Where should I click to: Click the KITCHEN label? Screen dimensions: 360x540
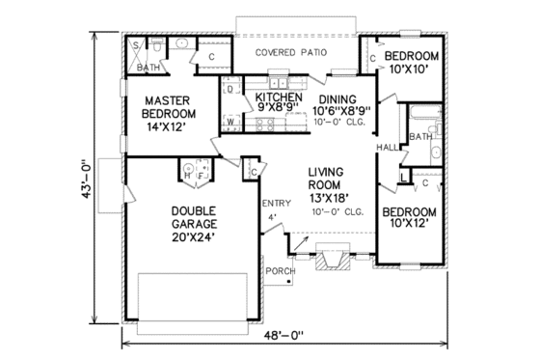[278, 98]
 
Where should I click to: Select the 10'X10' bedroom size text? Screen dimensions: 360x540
[412, 69]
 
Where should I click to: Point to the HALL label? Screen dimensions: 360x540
[387, 148]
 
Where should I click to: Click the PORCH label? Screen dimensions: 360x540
[280, 271]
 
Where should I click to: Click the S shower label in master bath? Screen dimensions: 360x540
[135, 46]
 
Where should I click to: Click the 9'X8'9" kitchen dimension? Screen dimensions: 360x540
[278, 111]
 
